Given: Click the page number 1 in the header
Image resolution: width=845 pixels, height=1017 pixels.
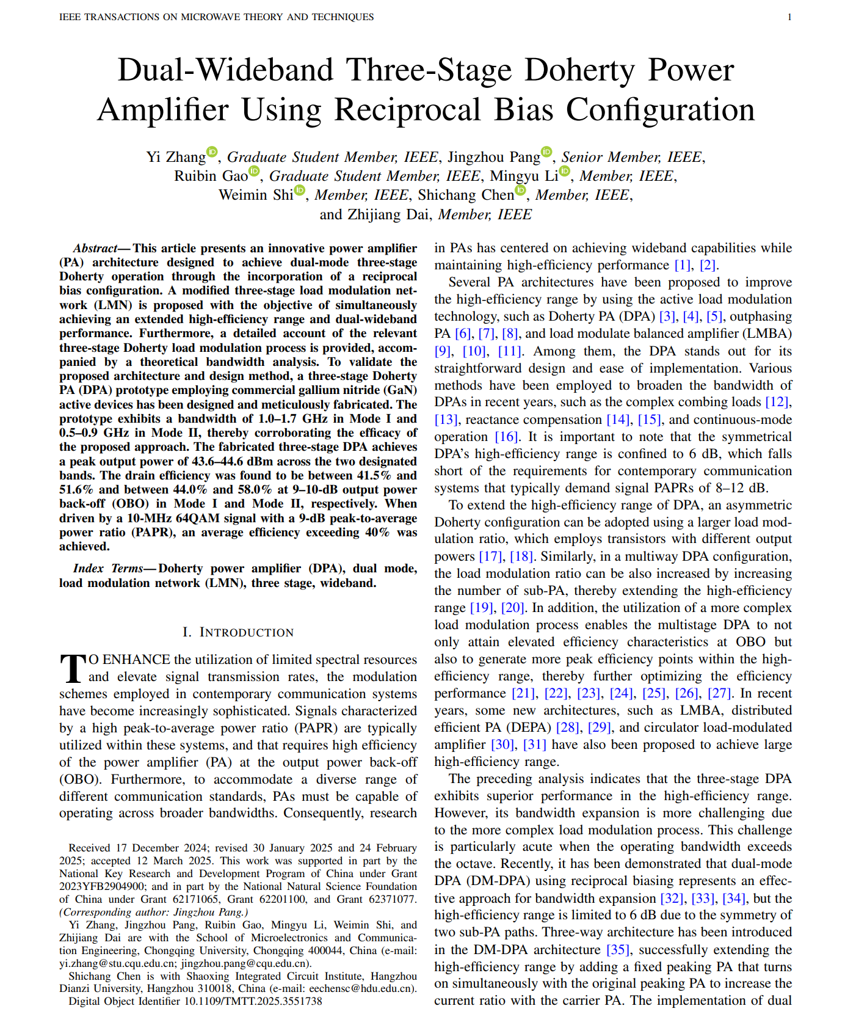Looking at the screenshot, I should click(x=789, y=17).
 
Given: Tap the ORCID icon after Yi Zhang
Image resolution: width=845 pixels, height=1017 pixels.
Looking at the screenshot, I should click(x=212, y=152).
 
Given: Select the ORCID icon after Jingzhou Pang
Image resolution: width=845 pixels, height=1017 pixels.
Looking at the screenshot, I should click(x=546, y=152).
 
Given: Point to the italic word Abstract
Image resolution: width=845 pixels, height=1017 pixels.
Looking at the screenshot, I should click(x=95, y=248).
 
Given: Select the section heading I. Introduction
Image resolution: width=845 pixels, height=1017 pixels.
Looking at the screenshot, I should click(x=238, y=632).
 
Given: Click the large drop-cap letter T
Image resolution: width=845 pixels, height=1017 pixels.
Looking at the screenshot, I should click(x=73, y=668).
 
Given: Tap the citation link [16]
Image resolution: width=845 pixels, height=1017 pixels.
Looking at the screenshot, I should click(x=506, y=437).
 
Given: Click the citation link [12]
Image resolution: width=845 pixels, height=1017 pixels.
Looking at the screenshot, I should click(x=777, y=402).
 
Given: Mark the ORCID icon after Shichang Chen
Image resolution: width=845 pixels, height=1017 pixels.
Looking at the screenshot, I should click(x=520, y=190).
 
